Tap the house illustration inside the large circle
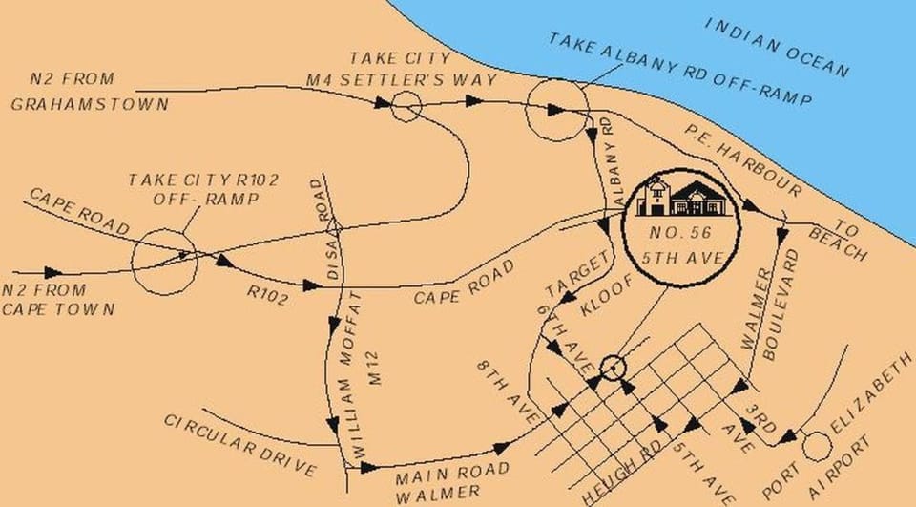[683, 197]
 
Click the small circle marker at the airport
[817, 445]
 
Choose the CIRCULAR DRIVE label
[239, 445]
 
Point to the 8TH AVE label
[509, 390]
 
